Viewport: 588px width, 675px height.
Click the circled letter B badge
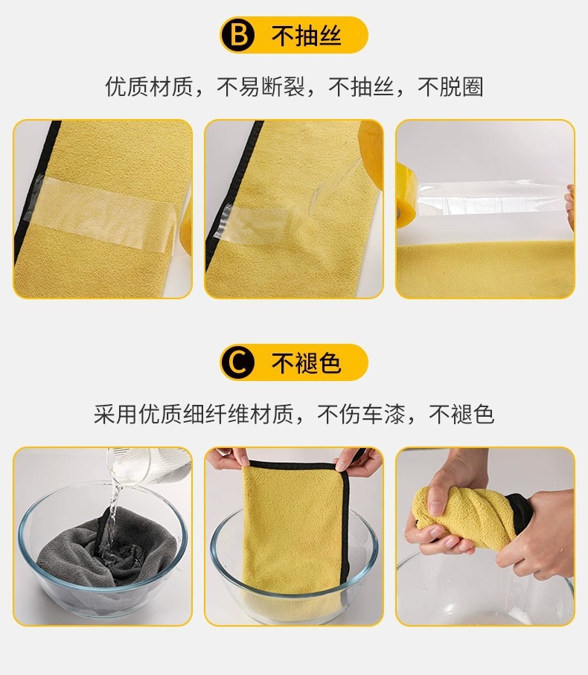pyautogui.click(x=238, y=35)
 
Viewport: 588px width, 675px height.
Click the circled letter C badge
pyautogui.click(x=238, y=362)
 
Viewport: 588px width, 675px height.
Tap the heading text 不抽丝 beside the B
pyautogui.click(x=306, y=35)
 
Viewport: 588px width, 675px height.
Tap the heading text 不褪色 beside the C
pyautogui.click(x=306, y=362)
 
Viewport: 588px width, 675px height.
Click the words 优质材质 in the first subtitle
pyautogui.click(x=149, y=86)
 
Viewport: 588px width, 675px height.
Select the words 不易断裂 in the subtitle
pyautogui.click(x=261, y=86)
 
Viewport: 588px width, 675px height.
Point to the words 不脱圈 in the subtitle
pyautogui.click(x=450, y=86)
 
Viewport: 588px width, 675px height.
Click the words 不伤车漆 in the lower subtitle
pyautogui.click(x=361, y=414)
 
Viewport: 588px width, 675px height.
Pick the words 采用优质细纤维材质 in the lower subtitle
pyautogui.click(x=194, y=414)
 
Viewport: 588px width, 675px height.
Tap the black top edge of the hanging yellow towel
pyautogui.click(x=297, y=466)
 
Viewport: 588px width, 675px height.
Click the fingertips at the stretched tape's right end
pyautogui.click(x=570, y=207)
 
